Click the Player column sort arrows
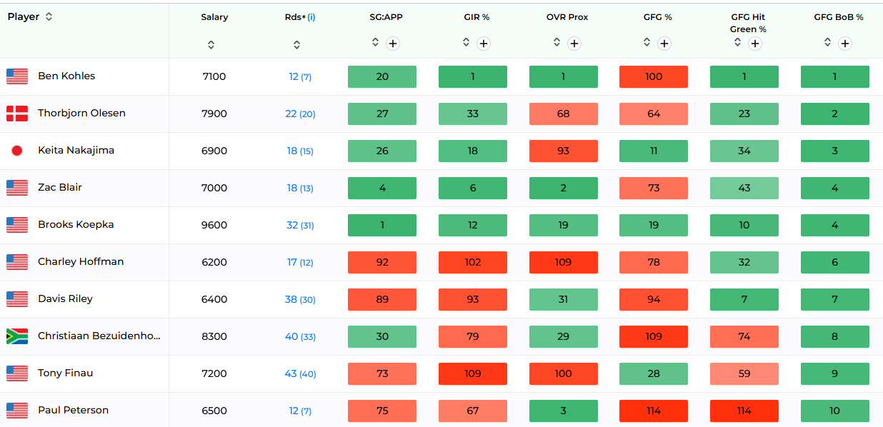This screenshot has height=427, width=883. coord(49,16)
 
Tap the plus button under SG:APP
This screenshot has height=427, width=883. coord(393,44)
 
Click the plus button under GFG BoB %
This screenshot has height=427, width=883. coord(844,44)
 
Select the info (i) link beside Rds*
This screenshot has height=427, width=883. coord(311,17)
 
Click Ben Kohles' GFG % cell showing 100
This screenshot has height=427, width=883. coord(654,76)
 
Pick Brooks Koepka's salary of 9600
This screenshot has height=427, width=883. coord(214,225)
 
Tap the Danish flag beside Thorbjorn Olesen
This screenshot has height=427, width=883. coord(17,114)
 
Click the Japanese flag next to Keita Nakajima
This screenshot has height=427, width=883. coord(17,151)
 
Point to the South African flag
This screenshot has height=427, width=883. coord(17,336)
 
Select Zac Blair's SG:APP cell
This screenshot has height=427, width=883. coord(382,188)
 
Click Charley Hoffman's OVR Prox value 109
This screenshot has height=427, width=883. coord(564,262)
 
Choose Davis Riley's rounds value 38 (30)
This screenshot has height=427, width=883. coord(300,299)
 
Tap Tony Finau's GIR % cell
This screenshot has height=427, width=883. coord(473,373)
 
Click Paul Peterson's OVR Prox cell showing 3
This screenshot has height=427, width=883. coord(564,411)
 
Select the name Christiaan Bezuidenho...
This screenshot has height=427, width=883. coord(99,336)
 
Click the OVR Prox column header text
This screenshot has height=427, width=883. coord(567,17)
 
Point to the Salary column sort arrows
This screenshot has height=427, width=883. coord(211,45)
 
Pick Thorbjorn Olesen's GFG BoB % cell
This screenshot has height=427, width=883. coord(835,114)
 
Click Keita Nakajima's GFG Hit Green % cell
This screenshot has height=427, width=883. coord(744,151)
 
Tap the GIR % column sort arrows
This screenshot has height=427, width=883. coord(466,42)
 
